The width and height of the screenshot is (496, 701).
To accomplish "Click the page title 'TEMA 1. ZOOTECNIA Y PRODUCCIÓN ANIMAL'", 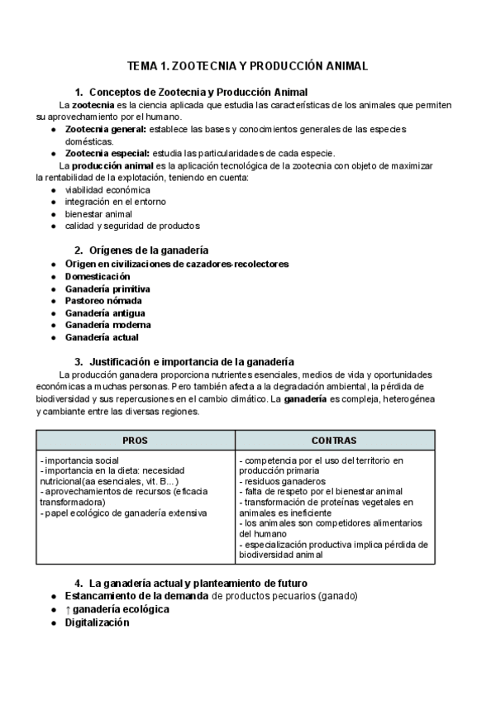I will pyautogui.click(x=247, y=65).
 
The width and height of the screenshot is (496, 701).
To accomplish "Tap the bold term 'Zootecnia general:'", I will pyautogui.click(x=106, y=130).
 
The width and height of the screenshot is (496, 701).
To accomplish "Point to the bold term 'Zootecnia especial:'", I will pyautogui.click(x=107, y=153).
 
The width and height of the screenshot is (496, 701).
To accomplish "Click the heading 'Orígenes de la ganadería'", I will pyautogui.click(x=148, y=250).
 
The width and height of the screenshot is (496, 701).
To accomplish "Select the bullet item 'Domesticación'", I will pyautogui.click(x=98, y=276).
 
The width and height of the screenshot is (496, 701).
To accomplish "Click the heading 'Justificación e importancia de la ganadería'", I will pyautogui.click(x=191, y=361).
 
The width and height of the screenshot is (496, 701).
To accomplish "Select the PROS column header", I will pyautogui.click(x=136, y=441).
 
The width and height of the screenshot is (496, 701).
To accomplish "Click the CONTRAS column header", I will pyautogui.click(x=334, y=441).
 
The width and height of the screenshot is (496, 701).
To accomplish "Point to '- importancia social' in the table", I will pyautogui.click(x=79, y=460).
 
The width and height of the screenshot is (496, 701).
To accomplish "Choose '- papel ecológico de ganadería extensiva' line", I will pyautogui.click(x=123, y=513).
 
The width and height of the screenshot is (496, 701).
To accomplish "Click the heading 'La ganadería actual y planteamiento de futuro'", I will pyautogui.click(x=198, y=584).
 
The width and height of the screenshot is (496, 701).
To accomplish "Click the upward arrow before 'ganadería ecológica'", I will pyautogui.click(x=68, y=609).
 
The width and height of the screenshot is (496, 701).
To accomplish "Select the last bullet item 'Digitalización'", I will pyautogui.click(x=97, y=622).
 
